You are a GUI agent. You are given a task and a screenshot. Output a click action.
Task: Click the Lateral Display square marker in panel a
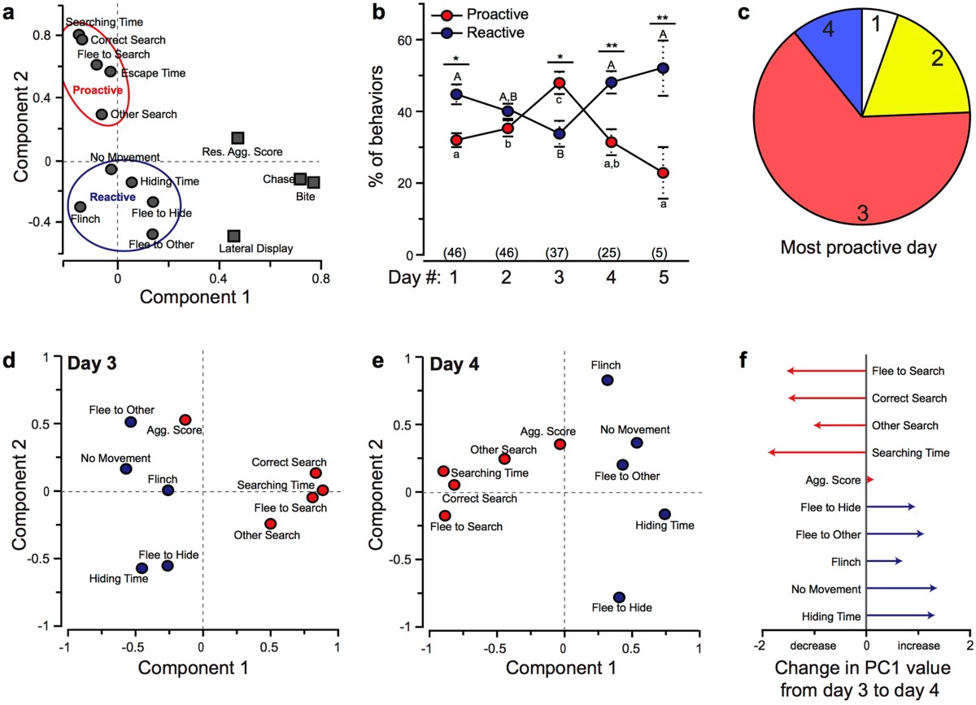233,236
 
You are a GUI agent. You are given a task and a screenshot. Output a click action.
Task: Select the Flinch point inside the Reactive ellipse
81,207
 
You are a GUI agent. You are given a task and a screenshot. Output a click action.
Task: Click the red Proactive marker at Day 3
560,83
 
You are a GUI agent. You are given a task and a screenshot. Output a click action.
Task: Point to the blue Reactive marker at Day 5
664,67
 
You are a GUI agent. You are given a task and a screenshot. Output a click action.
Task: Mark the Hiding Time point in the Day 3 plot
142,568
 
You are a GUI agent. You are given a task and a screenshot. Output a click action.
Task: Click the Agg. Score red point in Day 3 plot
185,420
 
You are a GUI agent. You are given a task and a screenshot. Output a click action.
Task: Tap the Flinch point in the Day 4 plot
607,381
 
